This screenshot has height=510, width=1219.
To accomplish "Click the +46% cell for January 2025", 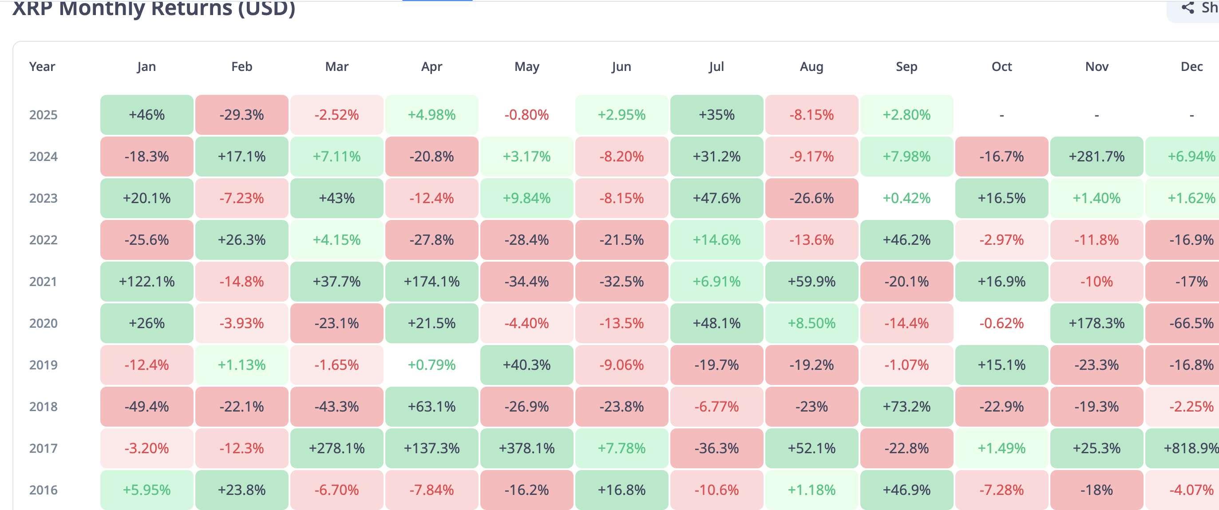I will [146, 115].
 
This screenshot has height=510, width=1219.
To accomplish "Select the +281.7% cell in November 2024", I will [1096, 157].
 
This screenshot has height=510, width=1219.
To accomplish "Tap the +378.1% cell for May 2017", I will [526, 448].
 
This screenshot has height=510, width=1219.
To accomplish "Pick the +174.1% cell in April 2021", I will [431, 282].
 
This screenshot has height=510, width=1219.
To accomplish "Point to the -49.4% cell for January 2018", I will [146, 407].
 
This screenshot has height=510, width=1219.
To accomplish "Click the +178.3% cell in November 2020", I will [1096, 323].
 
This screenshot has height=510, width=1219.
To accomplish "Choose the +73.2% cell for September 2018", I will [906, 407].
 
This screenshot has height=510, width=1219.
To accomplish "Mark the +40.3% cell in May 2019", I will [526, 365].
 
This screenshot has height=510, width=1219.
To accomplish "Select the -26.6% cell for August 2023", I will [811, 198].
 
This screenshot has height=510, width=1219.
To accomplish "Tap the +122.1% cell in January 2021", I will [146, 282].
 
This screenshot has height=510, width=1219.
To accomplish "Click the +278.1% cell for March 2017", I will [336, 448].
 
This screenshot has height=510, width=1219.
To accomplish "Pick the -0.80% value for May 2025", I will [526, 115].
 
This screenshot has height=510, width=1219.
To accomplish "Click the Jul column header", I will [716, 67].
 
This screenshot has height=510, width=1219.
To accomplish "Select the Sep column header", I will [906, 67].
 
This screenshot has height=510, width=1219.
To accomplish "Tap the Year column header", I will [42, 67].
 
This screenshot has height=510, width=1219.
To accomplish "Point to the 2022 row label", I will [43, 240].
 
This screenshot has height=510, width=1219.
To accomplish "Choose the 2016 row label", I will [43, 490].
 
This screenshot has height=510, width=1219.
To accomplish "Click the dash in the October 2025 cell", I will [1002, 115].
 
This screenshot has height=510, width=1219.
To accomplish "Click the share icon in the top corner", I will [1188, 8].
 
